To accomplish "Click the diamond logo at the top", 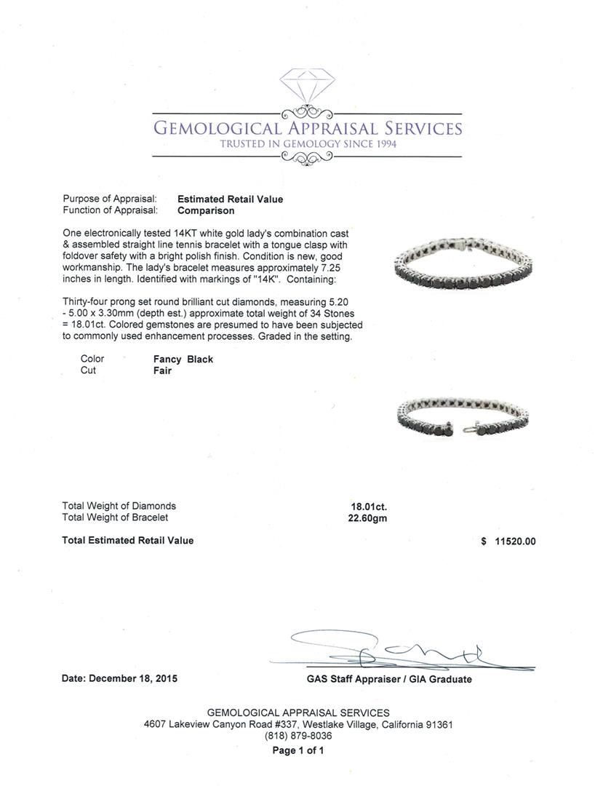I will coord(306,88).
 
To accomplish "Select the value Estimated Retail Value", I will coord(231,199).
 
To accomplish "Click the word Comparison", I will coord(206,210).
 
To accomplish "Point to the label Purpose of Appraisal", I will coord(110,199).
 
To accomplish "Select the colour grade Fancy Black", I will coord(183,359).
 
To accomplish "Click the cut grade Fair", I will coord(162,370).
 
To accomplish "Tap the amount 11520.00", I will coord(514,541).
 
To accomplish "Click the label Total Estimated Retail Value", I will coord(128,541).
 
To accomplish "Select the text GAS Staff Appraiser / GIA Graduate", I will coord(389,679).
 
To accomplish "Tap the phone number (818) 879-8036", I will coord(298,736).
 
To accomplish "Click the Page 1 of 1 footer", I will coord(298,750).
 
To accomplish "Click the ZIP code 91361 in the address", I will coord(439,725).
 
